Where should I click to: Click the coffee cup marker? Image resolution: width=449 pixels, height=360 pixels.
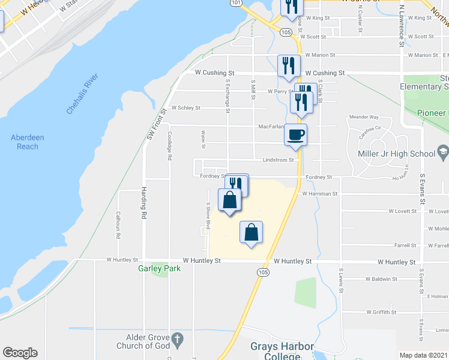pyautogui.click(x=295, y=134)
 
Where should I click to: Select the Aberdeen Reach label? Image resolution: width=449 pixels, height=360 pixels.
pyautogui.click(x=28, y=142)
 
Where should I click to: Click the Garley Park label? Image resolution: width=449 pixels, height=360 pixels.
pyautogui.click(x=159, y=269)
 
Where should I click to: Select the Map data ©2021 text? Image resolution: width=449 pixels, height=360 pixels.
pyautogui.click(x=424, y=355)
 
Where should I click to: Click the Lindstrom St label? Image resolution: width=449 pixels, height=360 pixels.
pyautogui.click(x=277, y=160)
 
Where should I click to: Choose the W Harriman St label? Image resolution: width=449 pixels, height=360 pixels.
pyautogui.click(x=320, y=194)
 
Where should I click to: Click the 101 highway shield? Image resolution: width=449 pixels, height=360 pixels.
pyautogui.click(x=236, y=3)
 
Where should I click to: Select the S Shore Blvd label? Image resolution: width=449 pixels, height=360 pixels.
pyautogui.click(x=208, y=216)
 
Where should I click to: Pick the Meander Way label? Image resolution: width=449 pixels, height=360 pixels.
pyautogui.click(x=364, y=118)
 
